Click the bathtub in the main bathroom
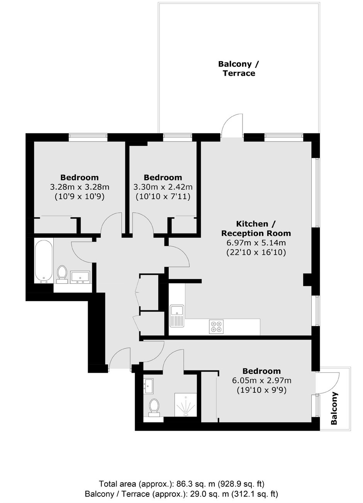click(x=44, y=261)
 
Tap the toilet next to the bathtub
click(x=62, y=274)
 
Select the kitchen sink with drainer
click(x=177, y=316)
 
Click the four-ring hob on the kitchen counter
click(x=216, y=326)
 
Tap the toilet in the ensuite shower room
click(x=154, y=408)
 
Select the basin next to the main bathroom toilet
click(x=80, y=277)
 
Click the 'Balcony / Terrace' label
click(x=239, y=68)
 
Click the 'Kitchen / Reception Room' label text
click(x=256, y=228)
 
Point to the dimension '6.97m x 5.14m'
click(x=256, y=242)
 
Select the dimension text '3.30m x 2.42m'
click(x=163, y=187)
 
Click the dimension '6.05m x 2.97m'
click(x=261, y=380)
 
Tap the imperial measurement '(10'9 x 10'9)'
click(x=80, y=197)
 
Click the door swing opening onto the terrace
click(x=232, y=125)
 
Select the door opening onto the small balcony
click(x=328, y=383)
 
